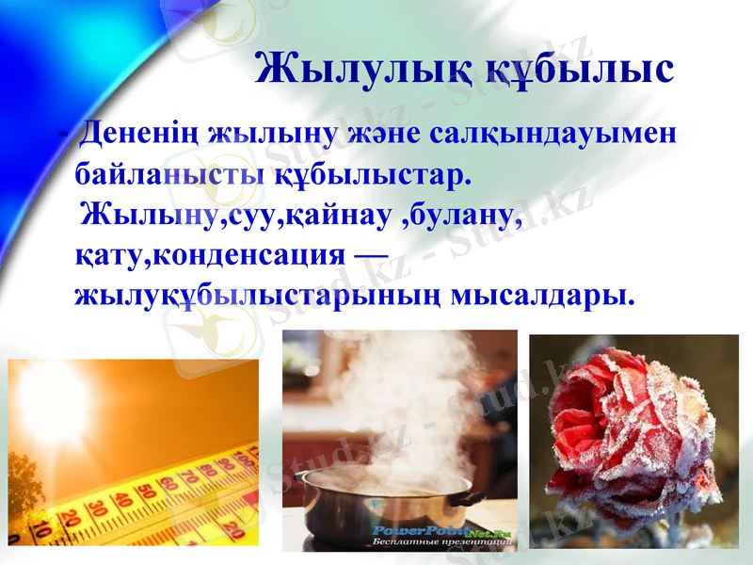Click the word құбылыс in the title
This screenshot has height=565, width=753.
580,69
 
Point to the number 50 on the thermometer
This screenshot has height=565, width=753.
145,492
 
